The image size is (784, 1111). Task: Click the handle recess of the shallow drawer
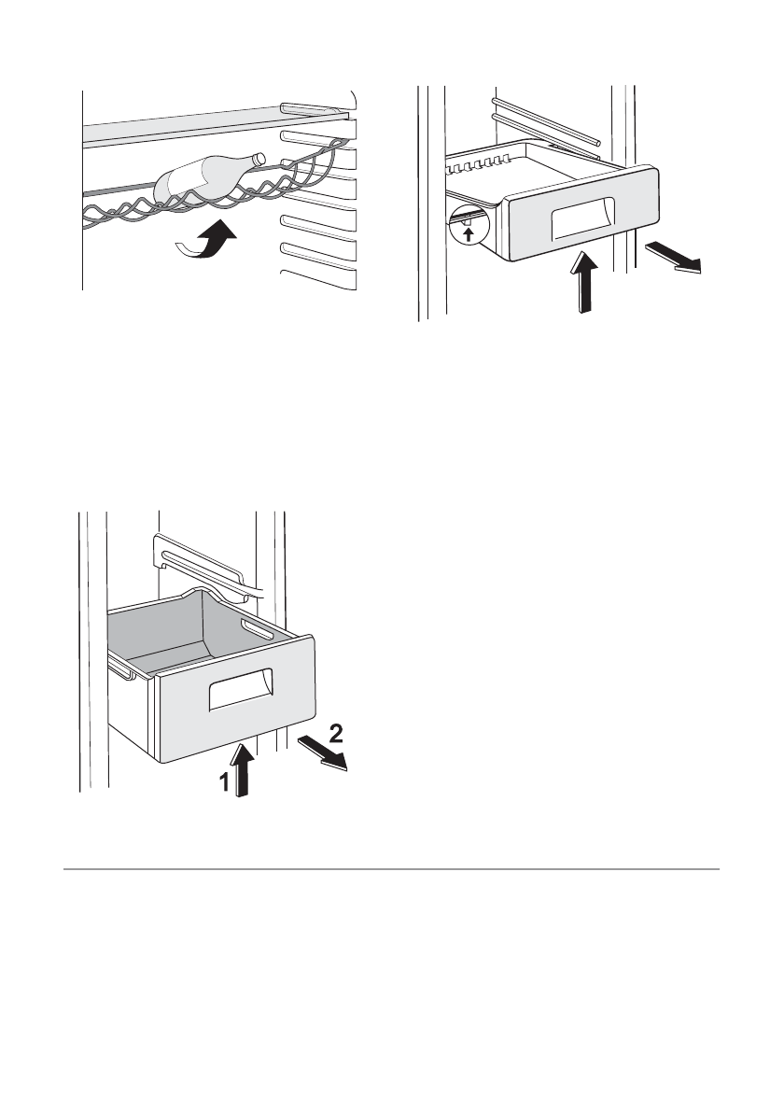(583, 220)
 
